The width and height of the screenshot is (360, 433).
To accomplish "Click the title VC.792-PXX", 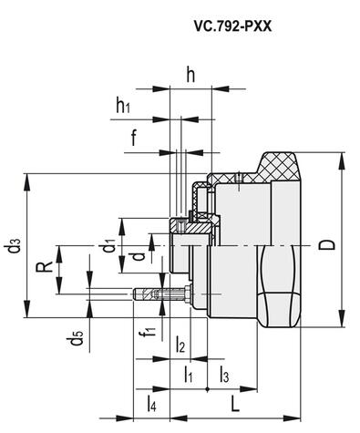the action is (x=232, y=26).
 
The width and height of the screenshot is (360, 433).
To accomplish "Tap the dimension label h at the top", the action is (x=190, y=75).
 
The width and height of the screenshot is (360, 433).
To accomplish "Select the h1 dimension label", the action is (x=123, y=106).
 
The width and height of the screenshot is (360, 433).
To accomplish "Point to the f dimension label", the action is (x=134, y=138).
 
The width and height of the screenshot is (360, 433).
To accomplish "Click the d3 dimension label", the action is (x=15, y=245).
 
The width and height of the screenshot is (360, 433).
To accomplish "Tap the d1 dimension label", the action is (x=108, y=246).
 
